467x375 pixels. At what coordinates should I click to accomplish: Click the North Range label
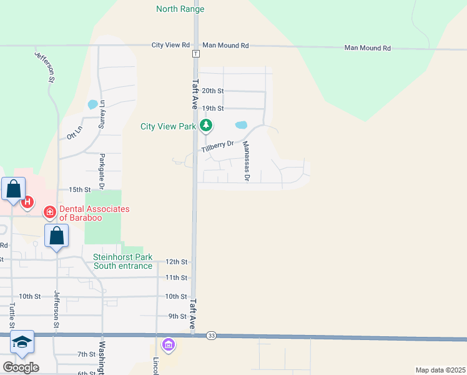pos(180,9)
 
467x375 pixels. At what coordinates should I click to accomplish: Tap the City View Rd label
pos(170,46)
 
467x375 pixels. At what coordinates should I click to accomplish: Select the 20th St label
pos(212,91)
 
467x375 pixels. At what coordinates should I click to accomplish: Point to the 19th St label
pos(212,108)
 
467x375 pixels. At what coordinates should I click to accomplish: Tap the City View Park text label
pos(168,126)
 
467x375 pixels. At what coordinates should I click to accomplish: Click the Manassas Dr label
pos(246,161)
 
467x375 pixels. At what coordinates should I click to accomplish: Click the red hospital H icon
pos(27,202)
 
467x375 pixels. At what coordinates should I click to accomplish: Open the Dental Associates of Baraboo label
pos(94,213)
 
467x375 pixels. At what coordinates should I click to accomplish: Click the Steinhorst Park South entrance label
pos(122,261)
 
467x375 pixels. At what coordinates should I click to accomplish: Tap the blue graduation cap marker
pos(22,342)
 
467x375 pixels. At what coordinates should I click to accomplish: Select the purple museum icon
pos(168,344)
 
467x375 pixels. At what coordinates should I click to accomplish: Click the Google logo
pos(21,367)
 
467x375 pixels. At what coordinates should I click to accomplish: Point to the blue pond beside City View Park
pos(240,124)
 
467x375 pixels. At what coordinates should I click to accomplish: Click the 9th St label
pos(177,316)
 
